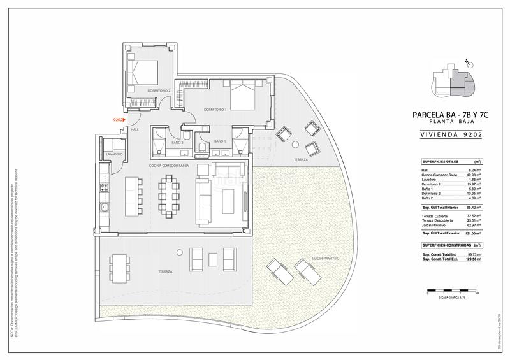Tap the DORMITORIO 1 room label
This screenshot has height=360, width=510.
[215, 110]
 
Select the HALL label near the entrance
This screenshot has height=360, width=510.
[135, 130]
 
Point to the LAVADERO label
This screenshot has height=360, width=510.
[113, 155]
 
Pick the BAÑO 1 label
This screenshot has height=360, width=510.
[220, 141]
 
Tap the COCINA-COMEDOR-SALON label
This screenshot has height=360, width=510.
[170, 165]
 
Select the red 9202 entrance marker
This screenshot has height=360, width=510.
[118, 119]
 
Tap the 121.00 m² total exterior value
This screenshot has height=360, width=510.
[471, 233]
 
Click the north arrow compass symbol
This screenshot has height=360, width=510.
[467, 62]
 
